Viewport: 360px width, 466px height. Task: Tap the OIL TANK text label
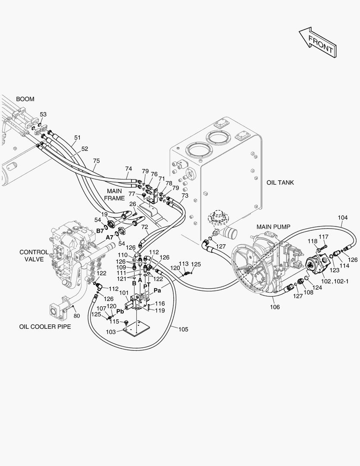[280, 183]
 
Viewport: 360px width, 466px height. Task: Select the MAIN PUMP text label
[273, 227]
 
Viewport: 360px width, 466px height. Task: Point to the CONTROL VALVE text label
[34, 255]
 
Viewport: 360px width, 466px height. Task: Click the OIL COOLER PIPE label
[45, 327]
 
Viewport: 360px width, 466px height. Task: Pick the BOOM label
[25, 99]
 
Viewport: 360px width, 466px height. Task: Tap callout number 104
[342, 217]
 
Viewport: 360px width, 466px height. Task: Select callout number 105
[183, 329]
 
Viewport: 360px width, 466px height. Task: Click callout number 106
[275, 307]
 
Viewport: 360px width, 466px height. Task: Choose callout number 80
[77, 315]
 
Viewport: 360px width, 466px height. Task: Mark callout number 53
[43, 114]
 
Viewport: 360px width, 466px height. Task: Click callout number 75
[96, 161]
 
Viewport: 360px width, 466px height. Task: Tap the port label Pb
[120, 311]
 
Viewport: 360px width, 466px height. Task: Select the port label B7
[100, 231]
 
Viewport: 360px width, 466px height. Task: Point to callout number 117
[323, 236]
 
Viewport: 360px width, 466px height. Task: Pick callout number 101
[124, 293]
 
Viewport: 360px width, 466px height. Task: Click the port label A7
[110, 237]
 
